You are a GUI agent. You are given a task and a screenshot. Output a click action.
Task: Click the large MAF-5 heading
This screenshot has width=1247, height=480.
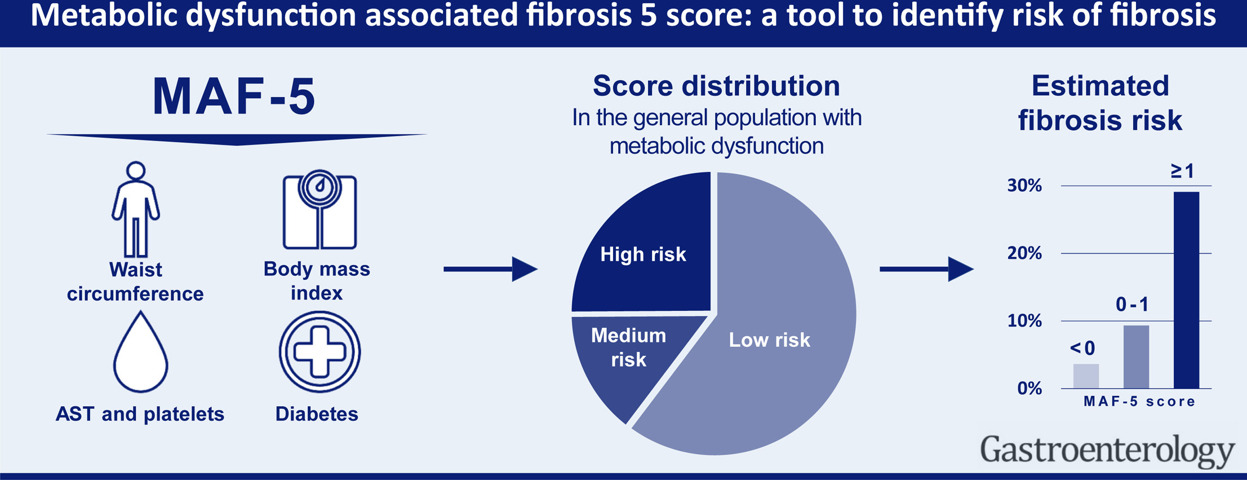click(234, 96)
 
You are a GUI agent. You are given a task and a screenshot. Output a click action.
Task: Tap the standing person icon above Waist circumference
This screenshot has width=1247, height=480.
click(136, 209)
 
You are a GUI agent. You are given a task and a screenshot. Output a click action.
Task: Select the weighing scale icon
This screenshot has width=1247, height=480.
click(319, 210)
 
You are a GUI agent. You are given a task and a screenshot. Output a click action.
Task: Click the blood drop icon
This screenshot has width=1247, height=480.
click(140, 352)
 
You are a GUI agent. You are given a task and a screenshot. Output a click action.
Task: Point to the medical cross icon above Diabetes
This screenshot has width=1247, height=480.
click(319, 352)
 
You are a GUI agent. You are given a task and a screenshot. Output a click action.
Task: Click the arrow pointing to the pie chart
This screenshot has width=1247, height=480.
click(491, 269)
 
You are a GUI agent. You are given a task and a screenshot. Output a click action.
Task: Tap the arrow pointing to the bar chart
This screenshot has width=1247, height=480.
click(927, 269)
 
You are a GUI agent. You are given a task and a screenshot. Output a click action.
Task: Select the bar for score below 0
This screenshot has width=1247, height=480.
click(1086, 376)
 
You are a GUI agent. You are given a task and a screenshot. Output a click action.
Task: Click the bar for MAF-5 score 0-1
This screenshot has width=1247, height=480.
click(1136, 357)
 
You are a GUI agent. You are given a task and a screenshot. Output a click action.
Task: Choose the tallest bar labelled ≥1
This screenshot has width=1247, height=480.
click(1186, 290)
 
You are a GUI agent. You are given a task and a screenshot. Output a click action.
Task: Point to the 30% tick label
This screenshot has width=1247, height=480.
click(1024, 186)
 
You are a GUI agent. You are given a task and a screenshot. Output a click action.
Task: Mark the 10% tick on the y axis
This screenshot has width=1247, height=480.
click(1024, 321)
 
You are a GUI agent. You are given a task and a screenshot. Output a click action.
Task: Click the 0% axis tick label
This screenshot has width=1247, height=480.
click(1029, 389)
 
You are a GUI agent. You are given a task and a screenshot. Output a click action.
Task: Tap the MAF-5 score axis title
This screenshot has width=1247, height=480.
click(1139, 402)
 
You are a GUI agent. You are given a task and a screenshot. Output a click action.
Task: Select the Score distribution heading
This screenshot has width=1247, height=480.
click(716, 86)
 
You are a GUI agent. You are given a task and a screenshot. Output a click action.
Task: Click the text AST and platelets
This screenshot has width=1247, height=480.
click(140, 414)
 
